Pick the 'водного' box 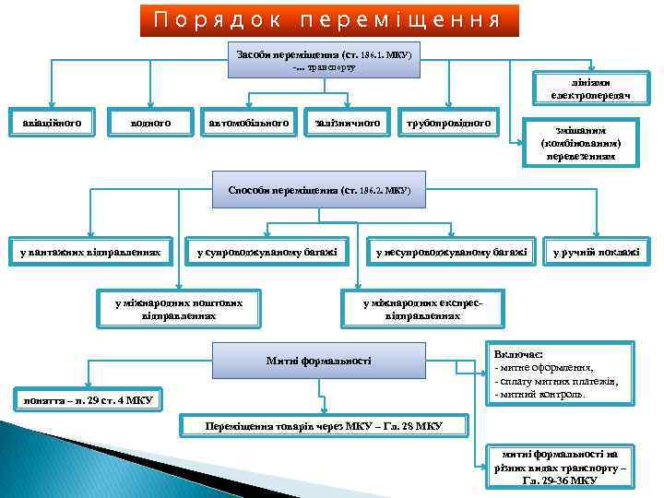(149, 121)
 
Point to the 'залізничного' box (346, 121)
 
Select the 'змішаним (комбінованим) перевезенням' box (580, 142)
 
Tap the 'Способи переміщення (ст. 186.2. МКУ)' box (318, 191)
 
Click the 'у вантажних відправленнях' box (89, 252)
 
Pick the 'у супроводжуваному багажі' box (267, 252)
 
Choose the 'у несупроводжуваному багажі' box (452, 252)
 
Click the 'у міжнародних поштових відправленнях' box (179, 308)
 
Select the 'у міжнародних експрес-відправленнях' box (421, 308)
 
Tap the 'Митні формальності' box (318, 360)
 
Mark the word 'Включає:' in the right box (519, 354)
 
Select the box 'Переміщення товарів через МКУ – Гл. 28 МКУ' (324, 426)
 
